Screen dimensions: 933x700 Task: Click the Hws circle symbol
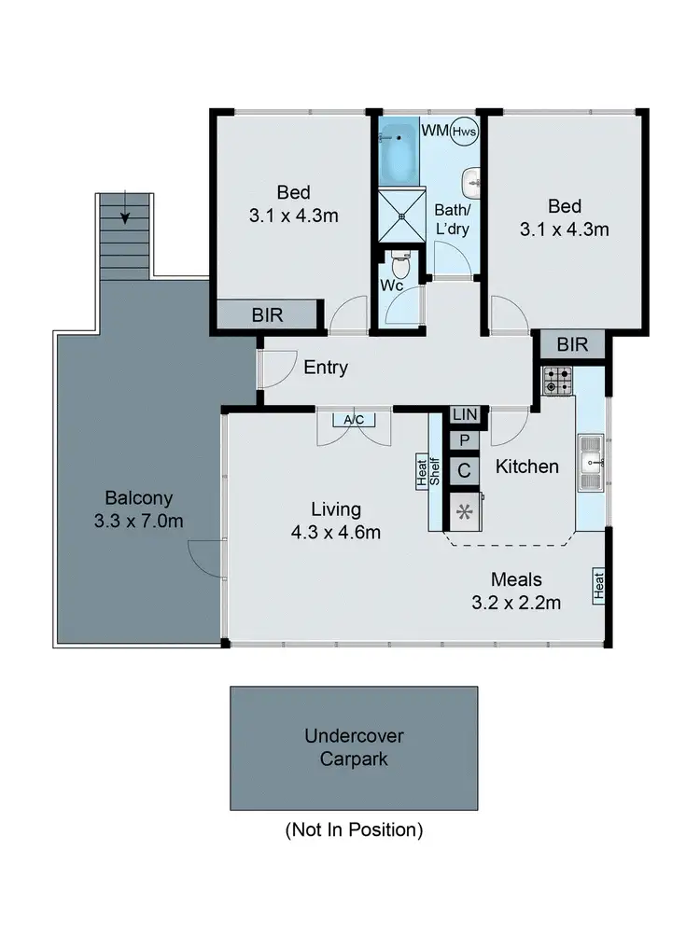[x=464, y=132]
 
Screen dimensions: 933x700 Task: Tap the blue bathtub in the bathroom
[x=400, y=152]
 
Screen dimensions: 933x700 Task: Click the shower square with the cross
[x=400, y=216]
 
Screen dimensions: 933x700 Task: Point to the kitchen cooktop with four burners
[x=558, y=379]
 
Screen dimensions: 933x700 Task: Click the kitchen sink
[x=590, y=463]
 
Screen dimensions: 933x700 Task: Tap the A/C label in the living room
[x=354, y=420]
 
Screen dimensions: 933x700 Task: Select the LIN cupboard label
[x=464, y=414]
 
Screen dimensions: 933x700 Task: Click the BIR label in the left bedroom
[x=267, y=315]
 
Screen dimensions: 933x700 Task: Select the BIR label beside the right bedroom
[x=572, y=344]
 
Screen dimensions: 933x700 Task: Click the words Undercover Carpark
[x=354, y=746]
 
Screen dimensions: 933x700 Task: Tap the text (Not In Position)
[x=354, y=829]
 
